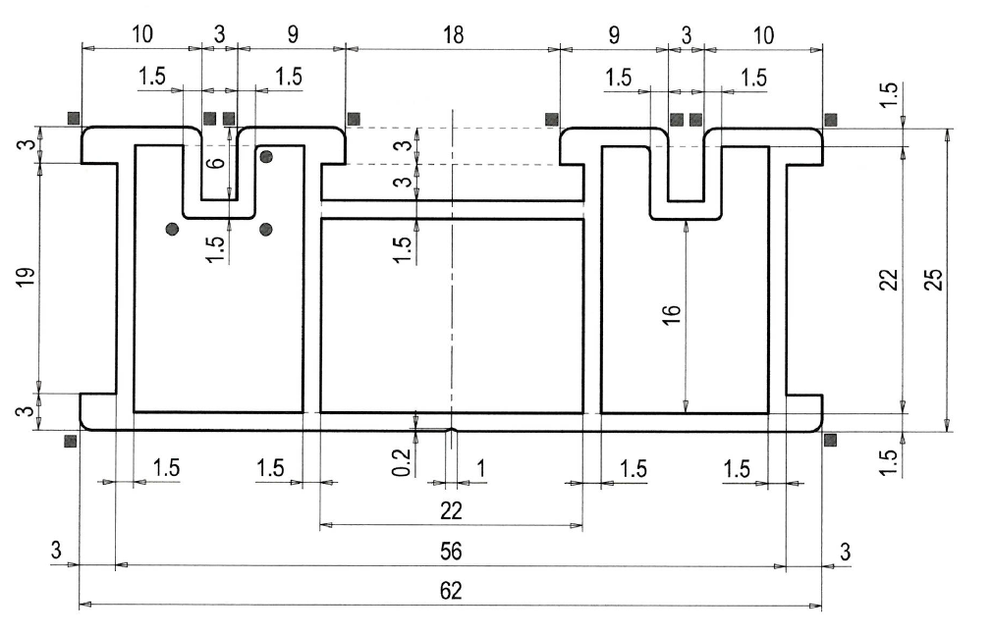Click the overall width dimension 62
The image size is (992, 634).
[450, 591]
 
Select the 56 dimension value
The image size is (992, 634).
[450, 552]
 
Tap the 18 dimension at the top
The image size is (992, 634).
[453, 34]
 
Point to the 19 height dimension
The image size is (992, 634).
[26, 277]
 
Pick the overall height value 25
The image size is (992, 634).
[933, 279]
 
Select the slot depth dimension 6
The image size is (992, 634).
[216, 163]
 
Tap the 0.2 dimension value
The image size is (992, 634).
[402, 462]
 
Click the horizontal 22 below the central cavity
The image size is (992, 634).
[451, 510]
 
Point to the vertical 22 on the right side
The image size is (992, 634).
[889, 279]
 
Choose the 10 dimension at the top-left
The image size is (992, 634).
[141, 34]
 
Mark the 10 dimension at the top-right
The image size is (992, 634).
[763, 35]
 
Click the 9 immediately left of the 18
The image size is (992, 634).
[293, 34]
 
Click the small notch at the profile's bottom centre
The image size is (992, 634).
[451, 430]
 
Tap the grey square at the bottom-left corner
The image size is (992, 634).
[71, 440]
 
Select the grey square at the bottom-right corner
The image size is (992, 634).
[831, 440]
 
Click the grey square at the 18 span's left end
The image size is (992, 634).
[354, 118]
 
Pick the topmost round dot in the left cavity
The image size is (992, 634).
[266, 155]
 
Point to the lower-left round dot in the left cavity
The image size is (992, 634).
[172, 229]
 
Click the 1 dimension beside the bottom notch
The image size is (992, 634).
[481, 468]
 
